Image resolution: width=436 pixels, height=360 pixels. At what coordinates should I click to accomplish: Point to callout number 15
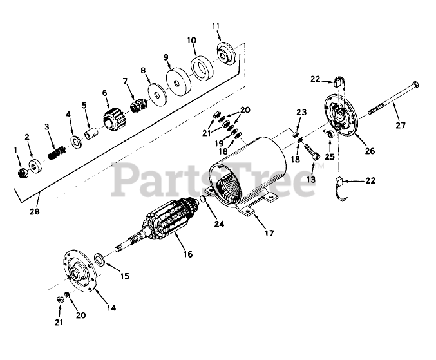pos(124,276)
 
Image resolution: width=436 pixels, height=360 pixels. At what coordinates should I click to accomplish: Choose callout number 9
pos(166,57)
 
